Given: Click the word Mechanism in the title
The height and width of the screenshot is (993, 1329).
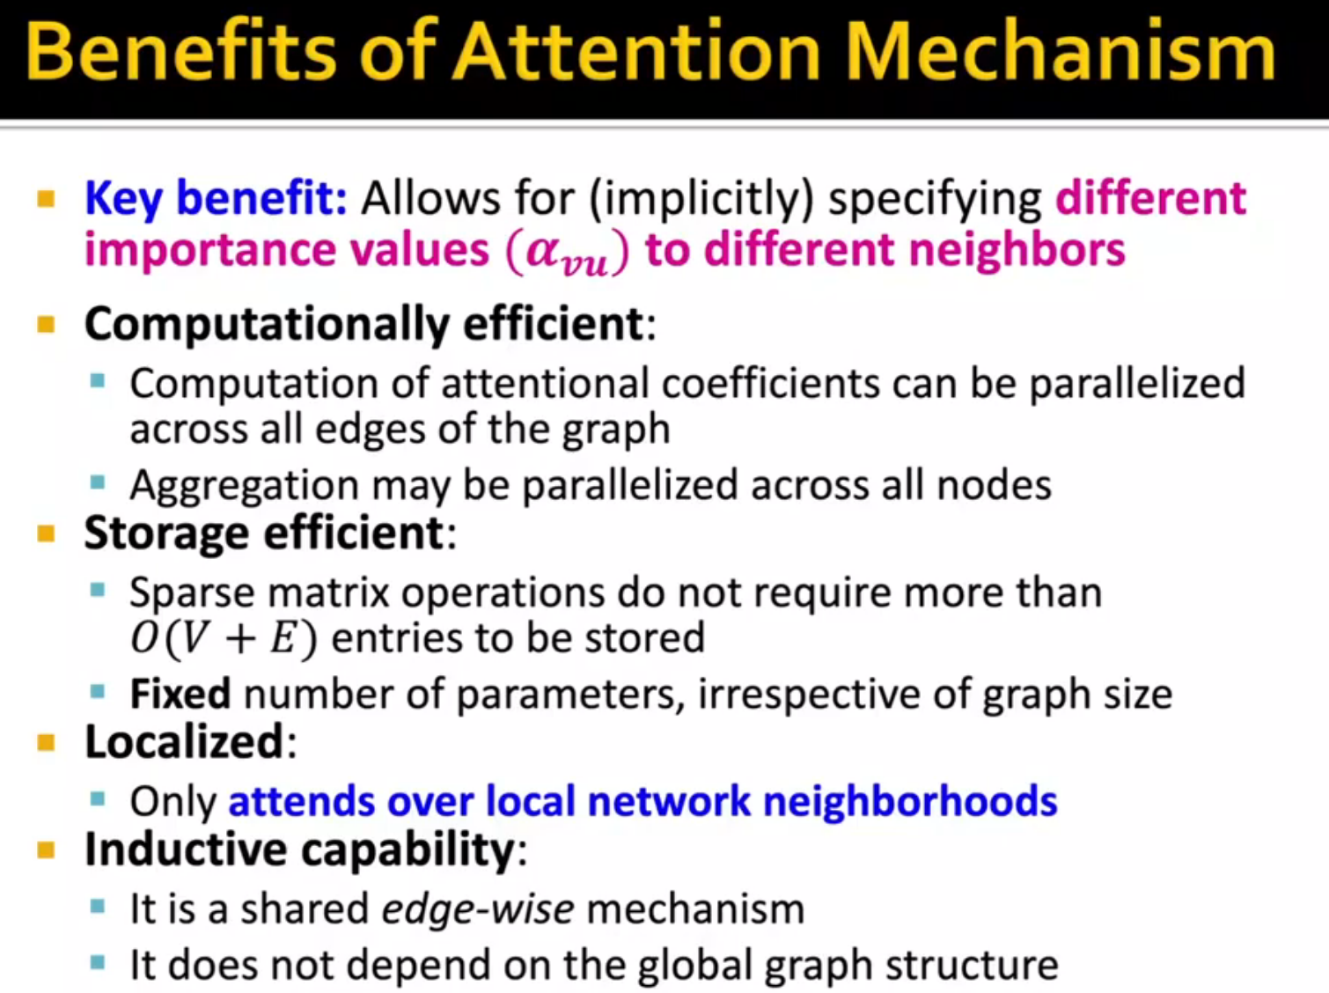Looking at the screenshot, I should (x=1061, y=53).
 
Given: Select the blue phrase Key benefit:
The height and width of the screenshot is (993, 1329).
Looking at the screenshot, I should (x=217, y=198).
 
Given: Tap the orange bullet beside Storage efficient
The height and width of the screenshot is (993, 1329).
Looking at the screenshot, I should (x=47, y=533).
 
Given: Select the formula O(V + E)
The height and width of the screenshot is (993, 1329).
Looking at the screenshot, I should (x=224, y=638).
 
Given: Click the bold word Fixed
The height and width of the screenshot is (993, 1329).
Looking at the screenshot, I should (x=180, y=694).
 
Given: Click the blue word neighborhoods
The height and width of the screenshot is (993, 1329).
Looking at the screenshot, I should (x=910, y=802).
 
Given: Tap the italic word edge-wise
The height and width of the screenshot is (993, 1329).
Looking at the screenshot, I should (x=478, y=908).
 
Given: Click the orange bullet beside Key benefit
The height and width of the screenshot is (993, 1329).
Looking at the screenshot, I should (x=47, y=199).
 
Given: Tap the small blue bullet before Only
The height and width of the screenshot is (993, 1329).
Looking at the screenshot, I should (x=98, y=799).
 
